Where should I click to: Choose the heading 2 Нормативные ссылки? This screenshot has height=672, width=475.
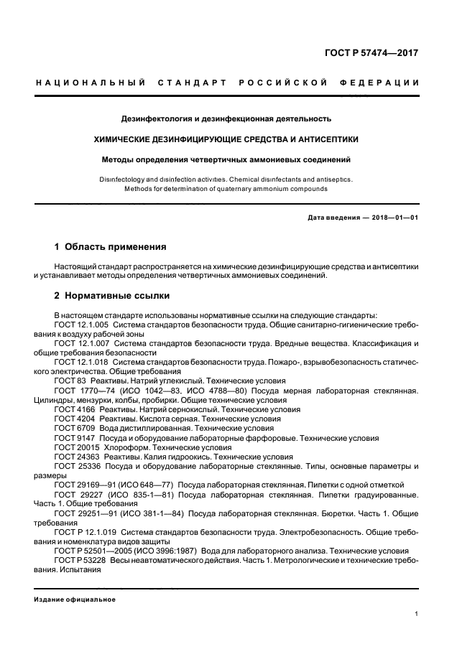tap(111, 295)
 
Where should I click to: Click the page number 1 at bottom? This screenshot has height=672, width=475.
tap(417, 614)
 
